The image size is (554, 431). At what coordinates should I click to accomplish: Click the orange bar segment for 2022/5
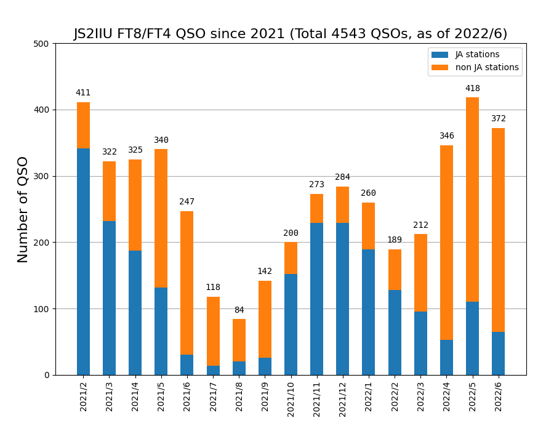coord(472,199)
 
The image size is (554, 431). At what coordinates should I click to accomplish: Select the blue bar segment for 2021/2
coord(83,262)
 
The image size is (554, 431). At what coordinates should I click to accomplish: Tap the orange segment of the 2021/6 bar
coord(187,283)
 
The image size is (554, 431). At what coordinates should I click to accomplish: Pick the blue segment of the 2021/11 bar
coord(316,299)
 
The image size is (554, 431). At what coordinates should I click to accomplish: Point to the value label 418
coord(472,89)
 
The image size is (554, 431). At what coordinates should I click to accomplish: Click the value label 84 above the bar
coord(239,310)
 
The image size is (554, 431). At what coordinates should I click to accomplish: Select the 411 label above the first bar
coord(83,93)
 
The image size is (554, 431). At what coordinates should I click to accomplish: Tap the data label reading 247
coord(187,202)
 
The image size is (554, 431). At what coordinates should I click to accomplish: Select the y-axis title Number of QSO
coord(23,209)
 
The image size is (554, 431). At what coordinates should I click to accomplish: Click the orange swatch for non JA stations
coord(440,68)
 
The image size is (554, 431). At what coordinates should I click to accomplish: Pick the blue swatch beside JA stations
coord(440,55)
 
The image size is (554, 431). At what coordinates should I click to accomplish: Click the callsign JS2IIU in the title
coord(98,34)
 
